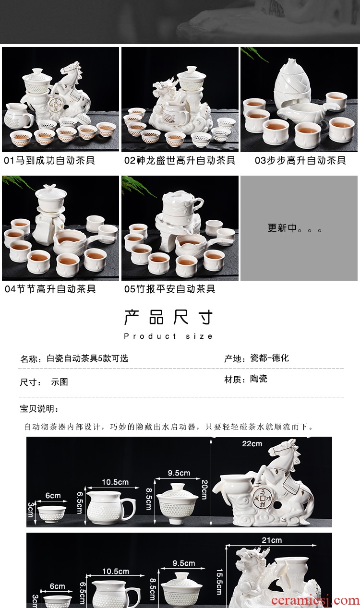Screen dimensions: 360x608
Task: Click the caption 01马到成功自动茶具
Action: (x=49, y=160)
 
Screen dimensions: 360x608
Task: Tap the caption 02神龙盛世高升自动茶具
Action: (x=180, y=160)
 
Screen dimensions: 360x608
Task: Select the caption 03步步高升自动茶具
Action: (x=300, y=160)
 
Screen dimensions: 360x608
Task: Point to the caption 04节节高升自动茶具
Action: (x=50, y=289)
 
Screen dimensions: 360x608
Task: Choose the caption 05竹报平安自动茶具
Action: (x=170, y=289)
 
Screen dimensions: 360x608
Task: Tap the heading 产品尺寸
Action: (x=168, y=318)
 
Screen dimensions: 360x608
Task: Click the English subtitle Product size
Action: (x=168, y=336)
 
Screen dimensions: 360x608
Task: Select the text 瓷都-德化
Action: (x=269, y=358)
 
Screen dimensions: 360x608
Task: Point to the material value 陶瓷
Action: (x=258, y=379)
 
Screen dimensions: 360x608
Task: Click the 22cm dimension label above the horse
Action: (x=252, y=444)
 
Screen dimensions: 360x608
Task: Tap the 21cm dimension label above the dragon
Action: (x=272, y=540)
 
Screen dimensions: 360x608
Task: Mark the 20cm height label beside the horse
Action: (x=204, y=489)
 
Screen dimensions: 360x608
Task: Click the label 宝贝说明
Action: (x=39, y=409)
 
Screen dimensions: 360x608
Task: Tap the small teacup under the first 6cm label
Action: (x=51, y=514)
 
